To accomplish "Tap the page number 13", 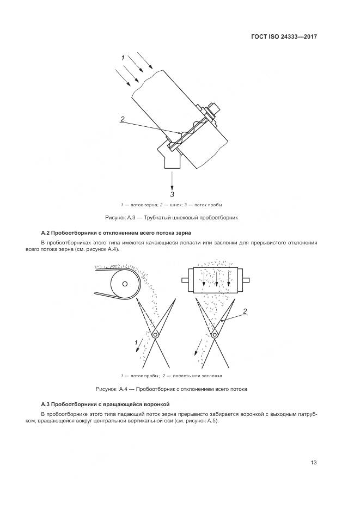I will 313,463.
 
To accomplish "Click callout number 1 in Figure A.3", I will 123,58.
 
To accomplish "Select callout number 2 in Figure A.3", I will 123,119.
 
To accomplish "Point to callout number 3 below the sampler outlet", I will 172,194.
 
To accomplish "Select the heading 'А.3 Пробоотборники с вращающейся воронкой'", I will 106,404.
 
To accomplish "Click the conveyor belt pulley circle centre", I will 125,284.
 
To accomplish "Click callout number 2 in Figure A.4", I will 245,311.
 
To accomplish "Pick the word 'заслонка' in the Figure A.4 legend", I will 210,376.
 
